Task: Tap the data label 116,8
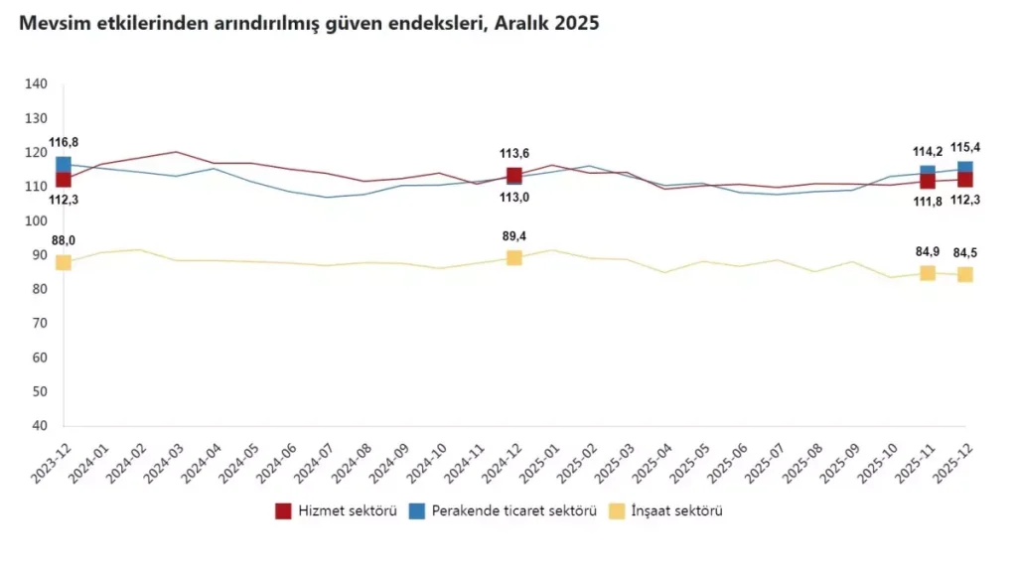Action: coord(64,143)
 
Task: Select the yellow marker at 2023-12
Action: coord(64,262)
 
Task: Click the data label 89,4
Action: coord(514,236)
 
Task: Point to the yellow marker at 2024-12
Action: coord(514,258)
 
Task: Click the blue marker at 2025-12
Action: coord(964,168)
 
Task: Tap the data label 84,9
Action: coord(927,251)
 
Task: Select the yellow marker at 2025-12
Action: coord(964,275)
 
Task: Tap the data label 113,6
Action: coord(514,153)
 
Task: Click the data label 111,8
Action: coord(926,202)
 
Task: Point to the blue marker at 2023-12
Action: coord(64,165)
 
